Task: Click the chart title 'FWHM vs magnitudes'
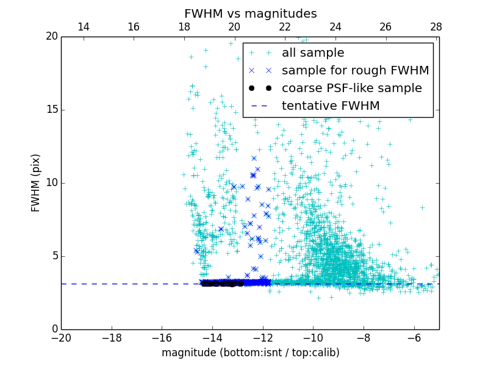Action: click(250, 13)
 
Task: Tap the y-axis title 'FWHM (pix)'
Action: click(36, 183)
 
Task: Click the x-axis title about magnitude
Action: click(250, 353)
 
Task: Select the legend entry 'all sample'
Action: click(312, 53)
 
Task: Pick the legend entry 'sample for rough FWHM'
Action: click(355, 71)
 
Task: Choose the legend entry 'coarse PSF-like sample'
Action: click(351, 88)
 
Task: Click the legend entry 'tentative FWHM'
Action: click(330, 106)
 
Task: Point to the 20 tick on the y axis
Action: click(51, 37)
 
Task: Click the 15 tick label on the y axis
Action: click(51, 110)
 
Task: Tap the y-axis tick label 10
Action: click(51, 183)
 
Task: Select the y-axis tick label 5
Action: click(54, 256)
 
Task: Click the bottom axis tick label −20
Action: click(61, 337)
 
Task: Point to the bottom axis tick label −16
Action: click(162, 337)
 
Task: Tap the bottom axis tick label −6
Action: click(414, 337)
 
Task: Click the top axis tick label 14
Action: click(84, 27)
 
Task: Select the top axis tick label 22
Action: click(285, 27)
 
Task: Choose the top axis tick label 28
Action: click(436, 27)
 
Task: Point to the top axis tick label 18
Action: click(184, 27)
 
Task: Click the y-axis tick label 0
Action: click(54, 329)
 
